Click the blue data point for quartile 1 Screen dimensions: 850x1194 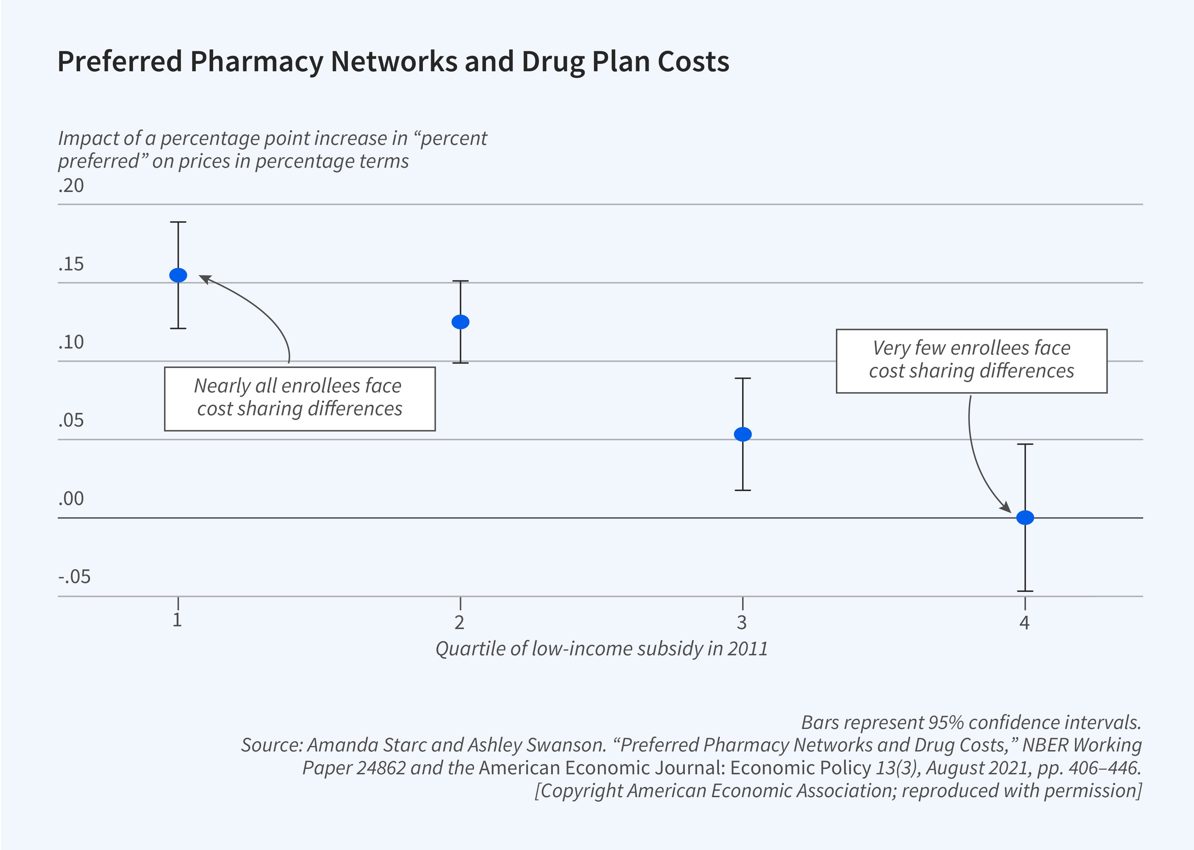[178, 275]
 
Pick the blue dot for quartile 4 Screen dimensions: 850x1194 [1025, 518]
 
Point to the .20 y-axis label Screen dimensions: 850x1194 [71, 186]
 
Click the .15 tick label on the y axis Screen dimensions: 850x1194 [71, 264]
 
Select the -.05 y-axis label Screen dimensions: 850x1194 [74, 577]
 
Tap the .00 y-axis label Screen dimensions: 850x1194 [71, 499]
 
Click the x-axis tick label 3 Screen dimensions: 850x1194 [742, 622]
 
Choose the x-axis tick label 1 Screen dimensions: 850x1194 [177, 620]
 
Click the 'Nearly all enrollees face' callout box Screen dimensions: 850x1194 [299, 399]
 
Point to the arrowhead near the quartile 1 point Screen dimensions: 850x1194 [205, 279]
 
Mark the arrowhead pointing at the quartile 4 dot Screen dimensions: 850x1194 [1006, 507]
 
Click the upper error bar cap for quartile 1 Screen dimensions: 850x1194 [178, 222]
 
